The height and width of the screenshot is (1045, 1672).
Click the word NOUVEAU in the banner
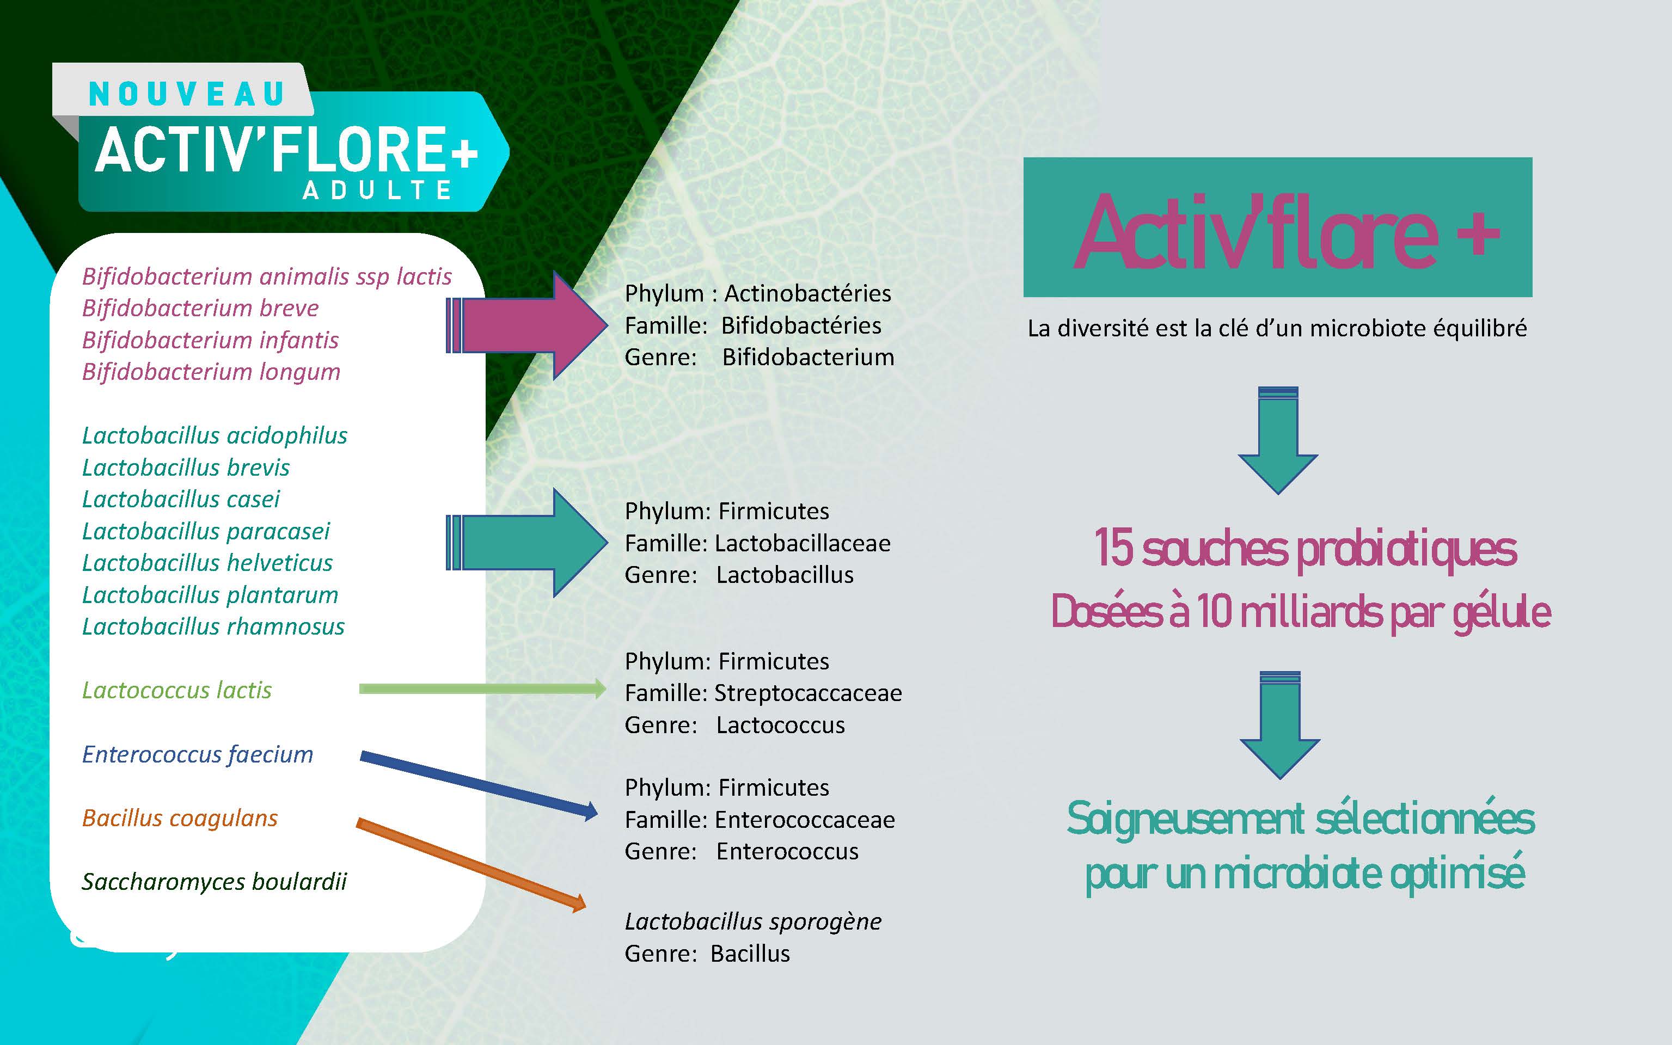(187, 95)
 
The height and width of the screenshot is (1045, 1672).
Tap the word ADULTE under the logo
(377, 190)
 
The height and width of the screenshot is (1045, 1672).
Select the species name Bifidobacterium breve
(200, 308)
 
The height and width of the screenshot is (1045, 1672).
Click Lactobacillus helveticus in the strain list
(207, 563)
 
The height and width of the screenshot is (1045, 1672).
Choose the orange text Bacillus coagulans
(180, 818)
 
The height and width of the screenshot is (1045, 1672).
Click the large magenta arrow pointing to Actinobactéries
(526, 325)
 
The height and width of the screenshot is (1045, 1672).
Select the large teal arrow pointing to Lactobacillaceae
(526, 543)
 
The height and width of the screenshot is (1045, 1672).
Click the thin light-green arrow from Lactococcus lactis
(482, 689)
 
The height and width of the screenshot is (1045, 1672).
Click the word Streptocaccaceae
(808, 693)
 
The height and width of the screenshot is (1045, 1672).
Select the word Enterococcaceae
(805, 820)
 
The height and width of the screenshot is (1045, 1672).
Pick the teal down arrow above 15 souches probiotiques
(1278, 440)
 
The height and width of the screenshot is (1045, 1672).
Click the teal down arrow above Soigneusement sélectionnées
(1279, 725)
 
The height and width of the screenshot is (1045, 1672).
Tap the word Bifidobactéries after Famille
(801, 325)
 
